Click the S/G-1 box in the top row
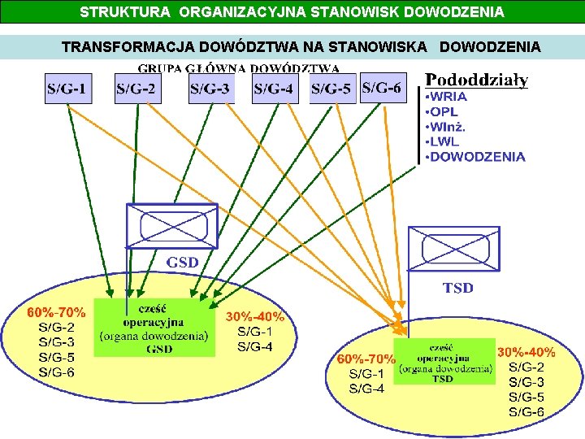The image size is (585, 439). [68, 89]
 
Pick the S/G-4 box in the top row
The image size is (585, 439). [275, 89]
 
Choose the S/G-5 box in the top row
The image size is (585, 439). [332, 89]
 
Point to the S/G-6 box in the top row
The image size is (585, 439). [382, 88]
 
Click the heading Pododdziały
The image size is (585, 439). [477, 80]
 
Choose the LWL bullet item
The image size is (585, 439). [447, 142]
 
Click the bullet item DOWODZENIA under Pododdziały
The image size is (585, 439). [477, 157]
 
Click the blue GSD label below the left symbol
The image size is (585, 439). [182, 263]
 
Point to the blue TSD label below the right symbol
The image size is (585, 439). [457, 288]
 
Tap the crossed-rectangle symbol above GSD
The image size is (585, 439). [172, 225]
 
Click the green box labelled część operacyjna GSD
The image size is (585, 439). [154, 327]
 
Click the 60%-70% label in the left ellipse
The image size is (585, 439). [56, 312]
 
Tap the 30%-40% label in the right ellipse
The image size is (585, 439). [526, 353]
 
